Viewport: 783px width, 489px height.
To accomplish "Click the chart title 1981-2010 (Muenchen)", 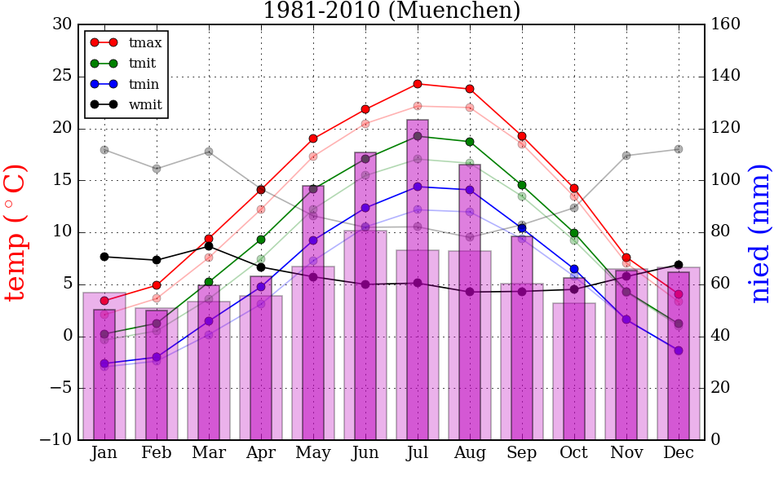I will [x=391, y=11].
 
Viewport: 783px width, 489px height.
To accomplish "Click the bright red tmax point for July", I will [x=418, y=84].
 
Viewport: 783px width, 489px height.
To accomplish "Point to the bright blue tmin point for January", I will [x=104, y=363].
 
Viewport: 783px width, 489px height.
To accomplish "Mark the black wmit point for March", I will [x=209, y=246].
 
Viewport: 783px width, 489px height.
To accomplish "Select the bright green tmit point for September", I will [x=522, y=185].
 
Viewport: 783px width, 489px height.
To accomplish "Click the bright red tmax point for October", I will [x=574, y=188].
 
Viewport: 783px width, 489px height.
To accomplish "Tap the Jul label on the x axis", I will [x=418, y=453].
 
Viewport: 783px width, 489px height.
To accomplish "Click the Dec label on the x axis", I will [x=679, y=453].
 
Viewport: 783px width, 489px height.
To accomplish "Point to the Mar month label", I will [x=209, y=453].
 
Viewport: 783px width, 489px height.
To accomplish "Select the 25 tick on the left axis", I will [x=62, y=77].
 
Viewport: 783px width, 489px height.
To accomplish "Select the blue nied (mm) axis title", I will [x=760, y=232].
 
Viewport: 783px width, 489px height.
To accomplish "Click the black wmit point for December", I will [x=679, y=265].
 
